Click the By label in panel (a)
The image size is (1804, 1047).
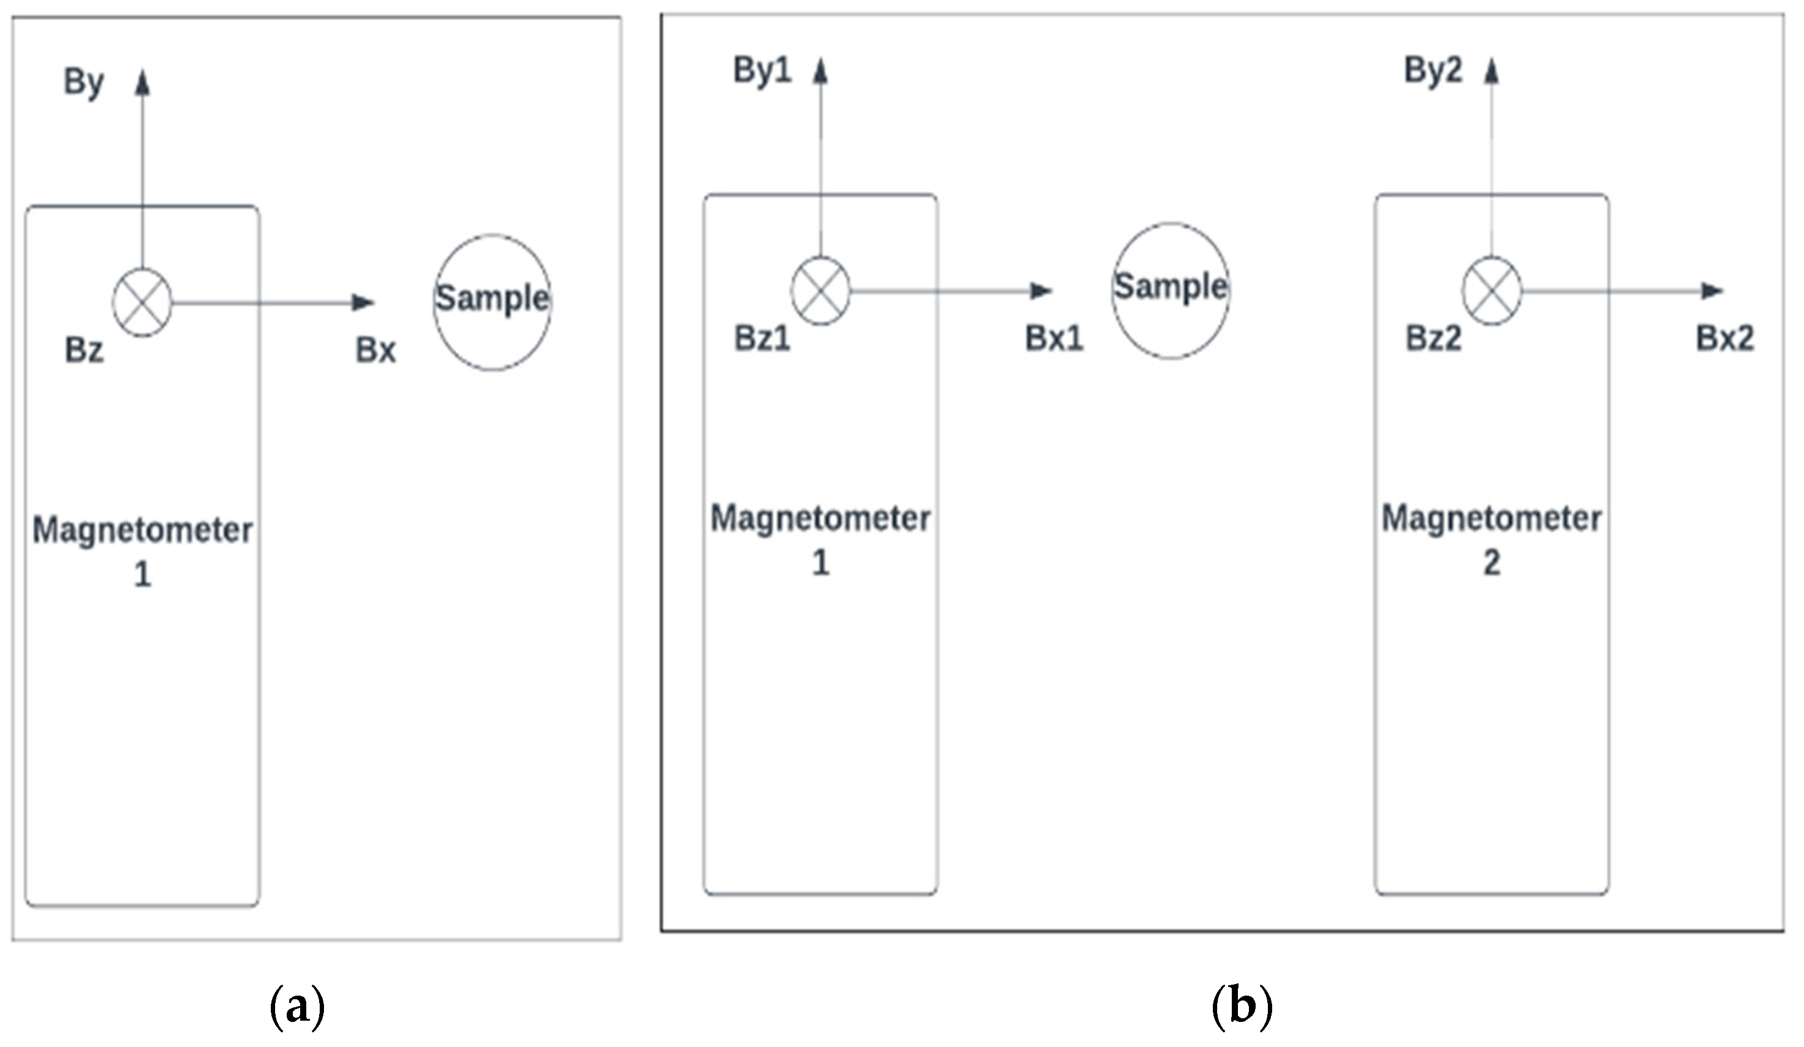(x=84, y=81)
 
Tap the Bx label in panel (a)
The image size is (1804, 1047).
(x=376, y=351)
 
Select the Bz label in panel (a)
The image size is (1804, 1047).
(x=84, y=351)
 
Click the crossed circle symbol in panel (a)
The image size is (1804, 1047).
(x=142, y=303)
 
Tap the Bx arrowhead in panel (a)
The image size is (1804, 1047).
(x=364, y=303)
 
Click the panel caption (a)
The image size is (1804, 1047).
(x=297, y=1006)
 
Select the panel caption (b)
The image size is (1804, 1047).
(x=1242, y=1006)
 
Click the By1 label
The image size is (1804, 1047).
(x=762, y=70)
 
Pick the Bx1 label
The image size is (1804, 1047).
(x=1055, y=339)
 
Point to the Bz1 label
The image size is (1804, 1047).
(x=762, y=339)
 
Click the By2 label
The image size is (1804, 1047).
(x=1433, y=70)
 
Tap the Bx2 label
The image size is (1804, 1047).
(x=1725, y=339)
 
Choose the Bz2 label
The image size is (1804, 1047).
(x=1433, y=339)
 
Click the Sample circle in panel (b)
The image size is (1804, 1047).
(x=1171, y=289)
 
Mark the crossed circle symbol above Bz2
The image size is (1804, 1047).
(x=1491, y=290)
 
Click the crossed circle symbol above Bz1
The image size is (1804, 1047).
(x=820, y=290)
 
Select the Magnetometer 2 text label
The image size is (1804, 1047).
(x=1491, y=539)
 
